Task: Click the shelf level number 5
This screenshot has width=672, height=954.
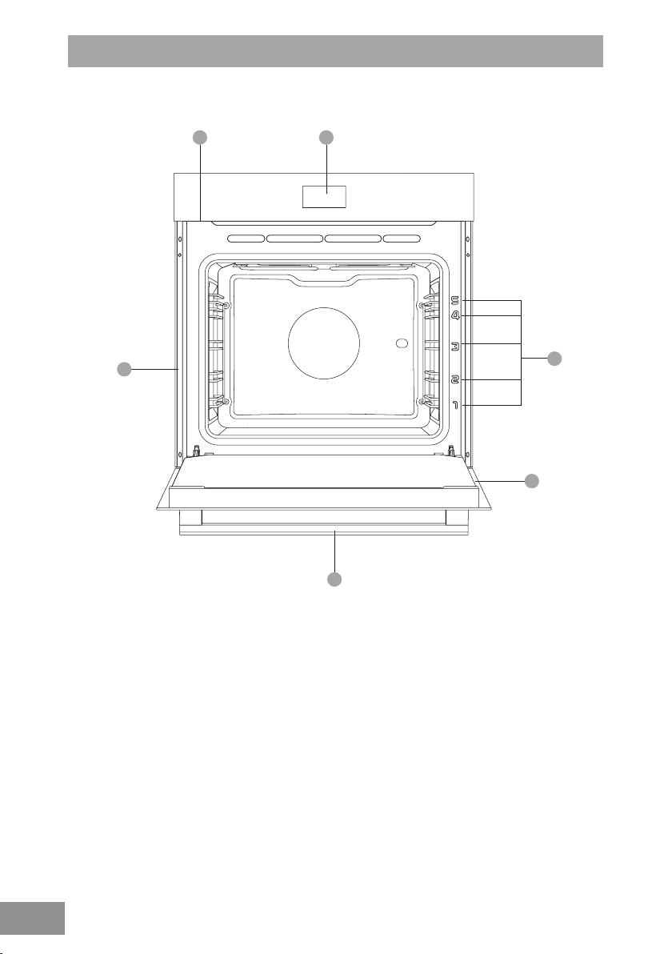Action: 455,300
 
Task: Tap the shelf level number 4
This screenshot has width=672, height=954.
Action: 455,316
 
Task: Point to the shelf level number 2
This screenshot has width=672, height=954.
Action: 455,380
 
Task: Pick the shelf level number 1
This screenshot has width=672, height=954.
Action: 455,405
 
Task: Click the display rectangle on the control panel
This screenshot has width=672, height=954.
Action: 324,197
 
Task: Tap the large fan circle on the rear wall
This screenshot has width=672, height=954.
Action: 323,343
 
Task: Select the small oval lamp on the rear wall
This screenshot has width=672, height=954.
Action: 401,344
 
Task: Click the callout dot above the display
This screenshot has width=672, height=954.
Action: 326,138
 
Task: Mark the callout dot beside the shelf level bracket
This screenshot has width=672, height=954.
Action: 554,359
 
